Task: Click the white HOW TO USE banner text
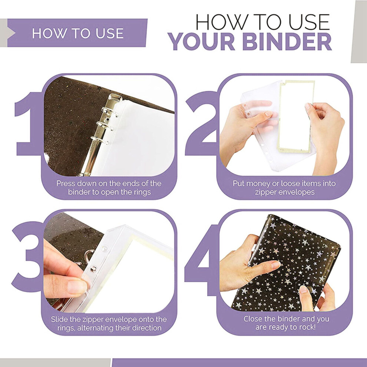(x=78, y=33)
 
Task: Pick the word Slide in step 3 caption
(x=59, y=319)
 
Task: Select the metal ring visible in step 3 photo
(x=89, y=255)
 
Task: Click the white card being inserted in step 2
(x=295, y=115)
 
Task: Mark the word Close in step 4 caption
(x=254, y=318)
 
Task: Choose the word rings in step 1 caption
(x=140, y=192)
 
